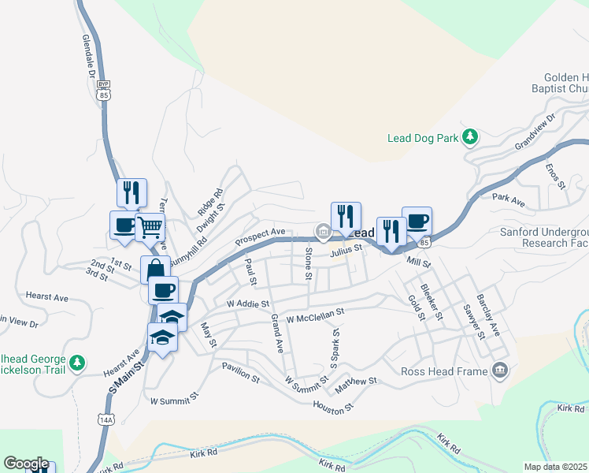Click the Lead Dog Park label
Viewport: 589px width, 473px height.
pyautogui.click(x=423, y=138)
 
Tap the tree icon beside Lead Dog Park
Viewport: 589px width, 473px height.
pyautogui.click(x=470, y=138)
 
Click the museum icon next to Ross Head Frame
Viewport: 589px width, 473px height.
pyautogui.click(x=499, y=370)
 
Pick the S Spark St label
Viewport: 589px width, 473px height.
pyautogui.click(x=335, y=348)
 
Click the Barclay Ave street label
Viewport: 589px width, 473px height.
pyautogui.click(x=492, y=317)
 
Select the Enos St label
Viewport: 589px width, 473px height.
pyautogui.click(x=556, y=173)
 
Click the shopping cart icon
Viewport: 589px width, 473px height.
pyautogui.click(x=150, y=228)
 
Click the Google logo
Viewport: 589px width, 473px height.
pyautogui.click(x=26, y=464)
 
